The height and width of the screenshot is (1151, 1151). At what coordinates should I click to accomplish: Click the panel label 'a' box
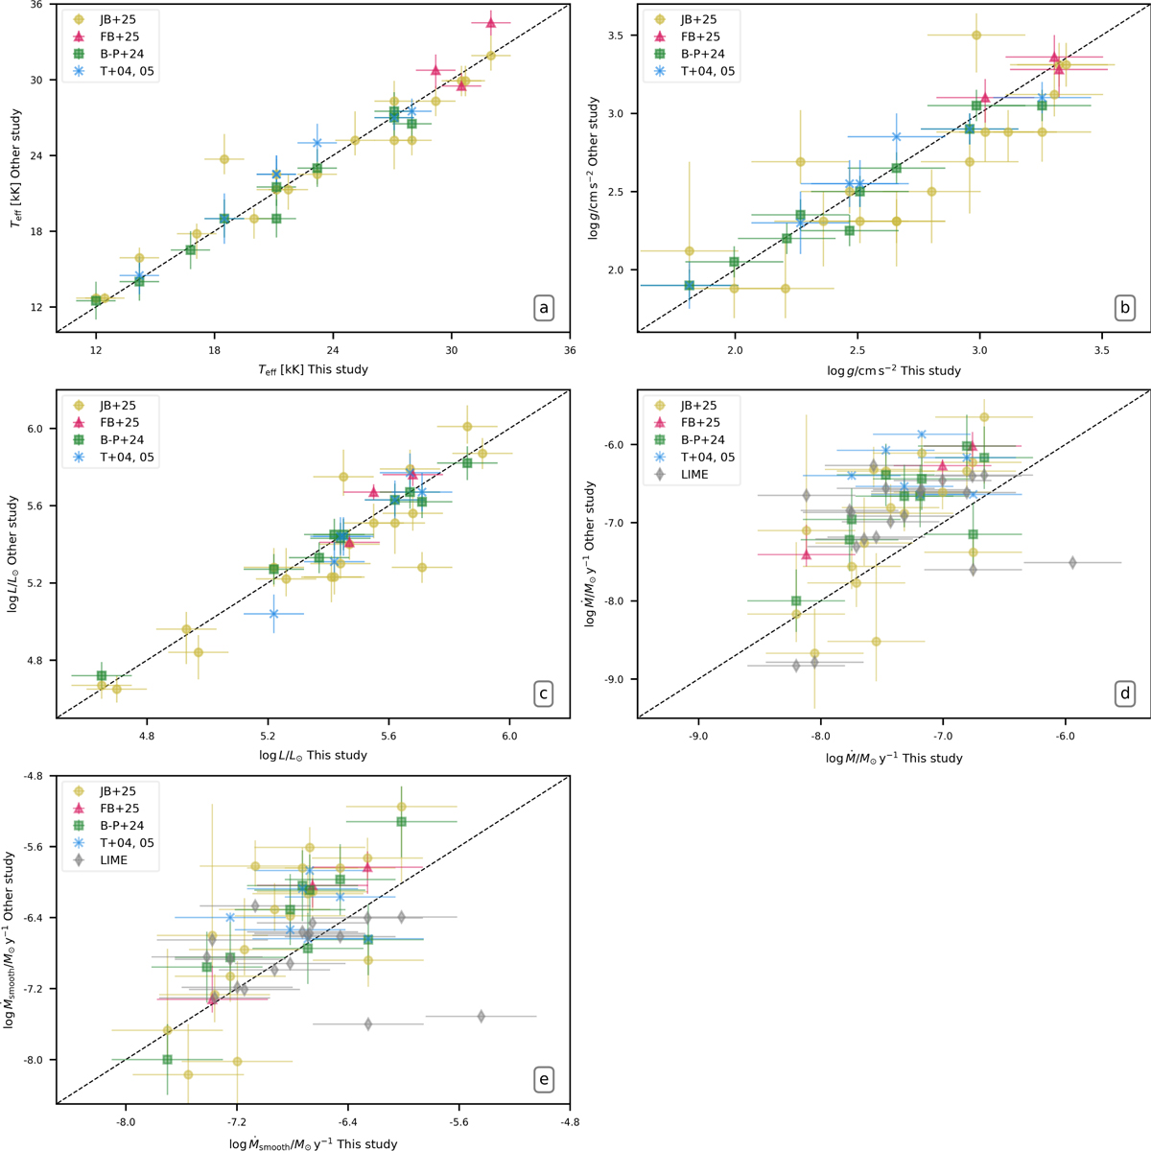tap(544, 308)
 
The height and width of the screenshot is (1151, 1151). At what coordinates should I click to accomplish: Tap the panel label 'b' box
tap(1125, 308)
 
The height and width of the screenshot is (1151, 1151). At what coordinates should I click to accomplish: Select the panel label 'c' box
tap(544, 693)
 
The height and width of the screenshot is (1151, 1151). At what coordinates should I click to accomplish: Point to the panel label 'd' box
tap(1125, 693)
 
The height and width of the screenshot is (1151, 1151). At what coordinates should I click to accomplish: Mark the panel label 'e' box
tap(544, 1079)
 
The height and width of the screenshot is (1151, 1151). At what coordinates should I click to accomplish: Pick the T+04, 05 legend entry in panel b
tap(710, 71)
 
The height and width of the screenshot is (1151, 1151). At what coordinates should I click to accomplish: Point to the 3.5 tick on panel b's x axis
tap(1101, 352)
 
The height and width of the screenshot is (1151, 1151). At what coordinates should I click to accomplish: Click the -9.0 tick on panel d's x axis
tap(698, 738)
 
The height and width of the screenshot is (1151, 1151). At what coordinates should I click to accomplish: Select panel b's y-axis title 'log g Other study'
tap(596, 168)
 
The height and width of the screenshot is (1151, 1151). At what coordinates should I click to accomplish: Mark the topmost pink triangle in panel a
tap(490, 23)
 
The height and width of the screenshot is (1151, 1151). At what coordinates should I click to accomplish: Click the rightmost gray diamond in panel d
tap(1072, 562)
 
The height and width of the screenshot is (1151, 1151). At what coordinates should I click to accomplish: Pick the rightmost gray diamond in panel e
tap(482, 1016)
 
